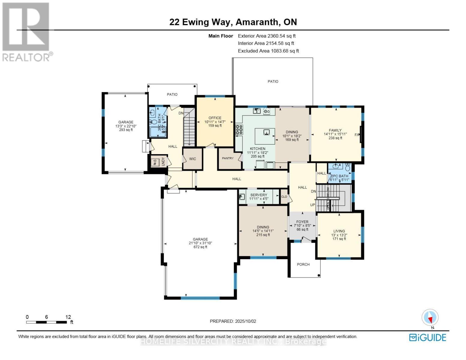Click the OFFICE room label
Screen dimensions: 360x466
coord(215,118)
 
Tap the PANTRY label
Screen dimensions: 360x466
coord(228,158)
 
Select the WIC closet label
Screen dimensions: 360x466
coord(192,159)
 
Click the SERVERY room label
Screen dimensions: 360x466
coord(258,195)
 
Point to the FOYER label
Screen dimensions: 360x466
coord(302,222)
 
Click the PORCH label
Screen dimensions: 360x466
coord(303,264)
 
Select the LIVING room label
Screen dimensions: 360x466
coord(339,231)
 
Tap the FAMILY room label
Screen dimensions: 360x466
coord(335,130)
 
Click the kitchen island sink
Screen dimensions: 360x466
coord(265,132)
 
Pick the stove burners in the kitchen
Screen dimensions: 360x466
coord(239,129)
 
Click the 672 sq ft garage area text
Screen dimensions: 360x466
coord(200,247)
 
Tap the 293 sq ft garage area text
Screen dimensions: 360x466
coord(126,130)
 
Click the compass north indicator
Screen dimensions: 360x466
coord(430,318)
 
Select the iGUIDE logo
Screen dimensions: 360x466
coord(428,337)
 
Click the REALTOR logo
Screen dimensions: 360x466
coord(26,31)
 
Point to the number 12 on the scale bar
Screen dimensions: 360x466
coord(68,317)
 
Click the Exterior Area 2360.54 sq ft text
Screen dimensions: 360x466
coord(267,36)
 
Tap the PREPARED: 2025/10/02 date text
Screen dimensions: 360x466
coord(233,321)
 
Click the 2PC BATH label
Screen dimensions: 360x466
coord(340,176)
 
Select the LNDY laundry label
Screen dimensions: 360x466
coord(163,162)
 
